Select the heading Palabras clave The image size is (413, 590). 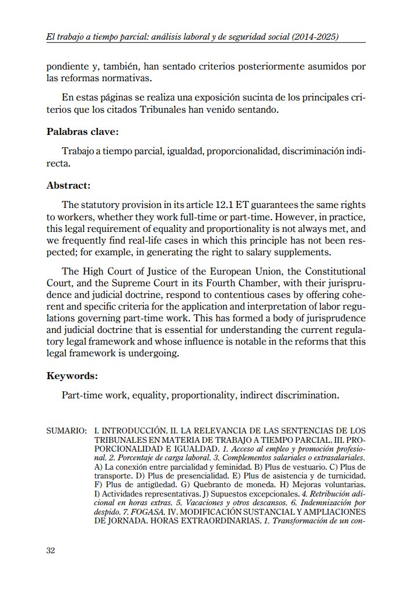click(x=82, y=131)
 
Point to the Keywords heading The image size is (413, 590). click(x=72, y=376)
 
